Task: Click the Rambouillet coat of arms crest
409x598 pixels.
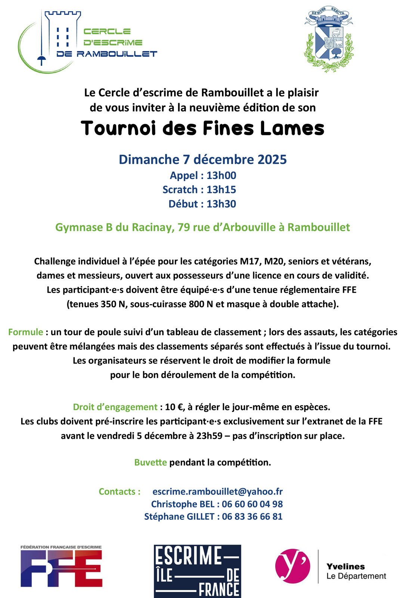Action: click(329, 39)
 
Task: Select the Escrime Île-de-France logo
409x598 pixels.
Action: click(197, 571)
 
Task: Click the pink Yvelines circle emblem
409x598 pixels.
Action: click(292, 566)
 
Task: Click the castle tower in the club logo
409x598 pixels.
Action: click(62, 34)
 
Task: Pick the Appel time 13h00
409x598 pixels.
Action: click(221, 175)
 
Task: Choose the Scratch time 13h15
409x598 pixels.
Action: click(221, 189)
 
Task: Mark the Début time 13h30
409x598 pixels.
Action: click(221, 204)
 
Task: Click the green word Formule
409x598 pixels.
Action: click(25, 332)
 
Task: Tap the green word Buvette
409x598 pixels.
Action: click(151, 462)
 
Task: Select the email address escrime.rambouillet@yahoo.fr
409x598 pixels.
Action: click(217, 491)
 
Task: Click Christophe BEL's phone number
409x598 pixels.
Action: click(252, 504)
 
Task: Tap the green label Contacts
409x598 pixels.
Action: click(120, 491)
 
